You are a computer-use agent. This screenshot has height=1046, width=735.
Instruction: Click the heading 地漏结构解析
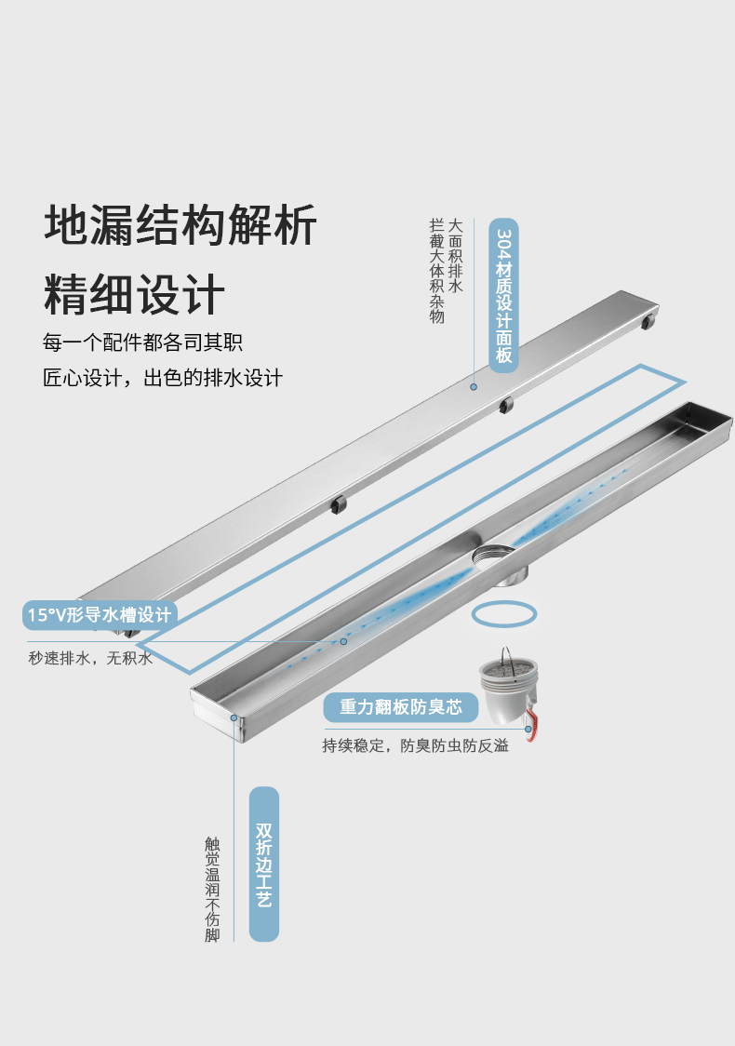click(x=181, y=225)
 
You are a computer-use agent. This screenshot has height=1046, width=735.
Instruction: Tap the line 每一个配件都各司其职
click(x=142, y=342)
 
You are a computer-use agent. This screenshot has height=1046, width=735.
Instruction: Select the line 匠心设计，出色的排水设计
click(x=163, y=378)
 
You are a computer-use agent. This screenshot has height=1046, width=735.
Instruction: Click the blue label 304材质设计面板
click(x=504, y=296)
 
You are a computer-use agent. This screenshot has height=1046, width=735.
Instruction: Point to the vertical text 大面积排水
click(x=455, y=257)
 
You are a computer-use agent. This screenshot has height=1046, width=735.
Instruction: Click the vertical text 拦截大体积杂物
click(x=436, y=271)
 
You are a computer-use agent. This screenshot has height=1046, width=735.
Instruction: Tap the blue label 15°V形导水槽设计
click(x=100, y=614)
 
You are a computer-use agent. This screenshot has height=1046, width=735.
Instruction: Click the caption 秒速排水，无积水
click(x=90, y=658)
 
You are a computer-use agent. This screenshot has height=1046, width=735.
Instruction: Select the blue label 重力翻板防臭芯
click(x=400, y=707)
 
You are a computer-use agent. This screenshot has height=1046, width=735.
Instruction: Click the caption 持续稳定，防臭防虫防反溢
click(x=416, y=745)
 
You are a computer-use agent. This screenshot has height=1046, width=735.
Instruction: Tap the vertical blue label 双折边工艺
click(x=264, y=864)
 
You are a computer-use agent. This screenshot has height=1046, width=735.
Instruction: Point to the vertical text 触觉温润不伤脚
click(x=213, y=889)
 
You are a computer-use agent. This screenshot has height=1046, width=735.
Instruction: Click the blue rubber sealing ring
click(x=504, y=614)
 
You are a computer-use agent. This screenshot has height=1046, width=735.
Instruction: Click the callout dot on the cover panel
click(x=474, y=385)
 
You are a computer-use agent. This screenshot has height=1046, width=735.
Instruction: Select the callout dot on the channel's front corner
click(x=234, y=718)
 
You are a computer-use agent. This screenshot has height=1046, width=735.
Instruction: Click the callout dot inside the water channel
click(x=343, y=641)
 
